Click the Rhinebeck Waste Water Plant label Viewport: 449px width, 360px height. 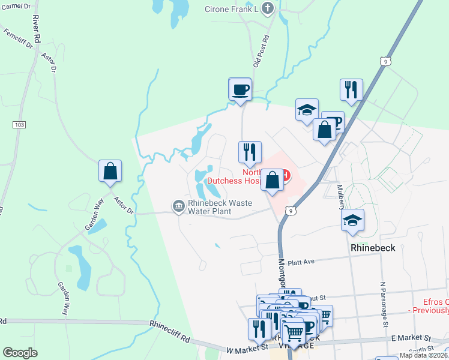(219, 207)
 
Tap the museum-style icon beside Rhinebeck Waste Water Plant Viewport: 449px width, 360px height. (178, 206)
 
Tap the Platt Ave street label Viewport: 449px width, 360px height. (301, 262)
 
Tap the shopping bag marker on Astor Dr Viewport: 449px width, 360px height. (110, 171)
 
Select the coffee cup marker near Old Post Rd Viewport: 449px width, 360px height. (240, 90)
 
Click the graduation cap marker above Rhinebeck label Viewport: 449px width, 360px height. (352, 220)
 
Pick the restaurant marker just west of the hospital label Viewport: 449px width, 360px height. (250, 152)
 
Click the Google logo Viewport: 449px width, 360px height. (20, 353)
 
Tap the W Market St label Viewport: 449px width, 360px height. (247, 347)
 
